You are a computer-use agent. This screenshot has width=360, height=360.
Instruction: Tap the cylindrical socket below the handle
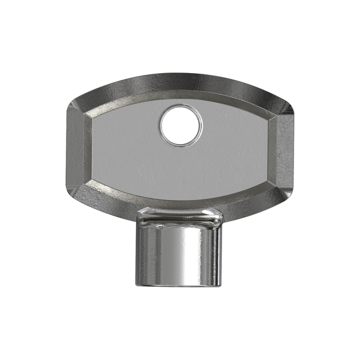coord(177,253)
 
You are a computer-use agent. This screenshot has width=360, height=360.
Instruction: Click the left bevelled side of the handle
coord(75,149)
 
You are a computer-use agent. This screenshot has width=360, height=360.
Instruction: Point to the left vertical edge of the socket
coord(137,253)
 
